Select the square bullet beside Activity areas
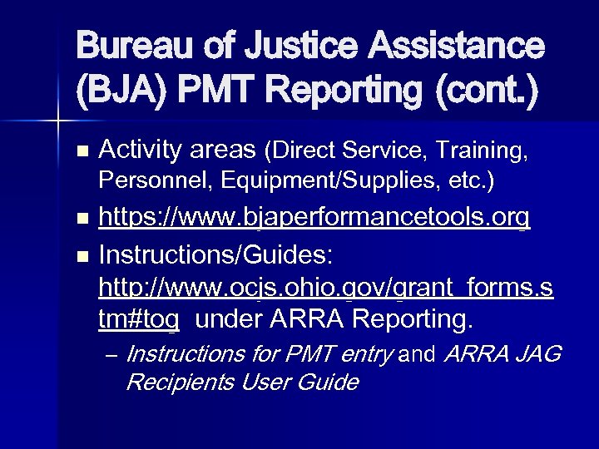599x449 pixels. (x=81, y=153)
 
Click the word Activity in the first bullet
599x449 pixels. (x=138, y=150)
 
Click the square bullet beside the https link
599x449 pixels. (x=81, y=221)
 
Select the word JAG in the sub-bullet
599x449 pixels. (x=539, y=356)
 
